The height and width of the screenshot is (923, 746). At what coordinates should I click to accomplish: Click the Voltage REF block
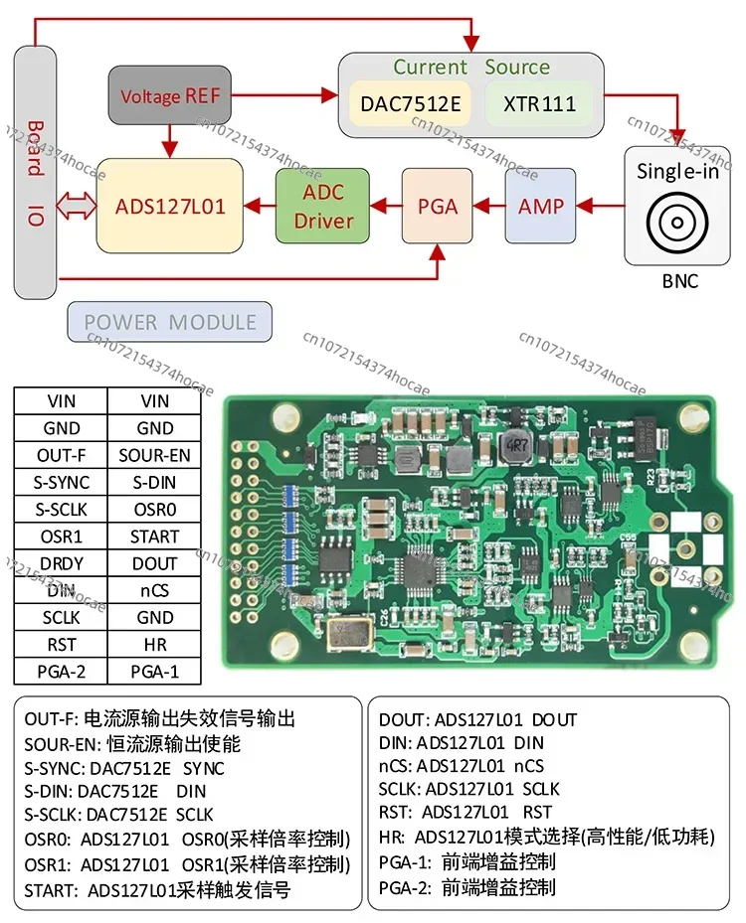tap(170, 95)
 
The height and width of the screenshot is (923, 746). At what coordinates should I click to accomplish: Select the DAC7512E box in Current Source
tap(410, 102)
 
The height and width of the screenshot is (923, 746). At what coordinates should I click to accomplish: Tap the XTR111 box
tap(539, 102)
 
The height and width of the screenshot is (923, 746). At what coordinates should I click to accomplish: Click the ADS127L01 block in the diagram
tap(170, 206)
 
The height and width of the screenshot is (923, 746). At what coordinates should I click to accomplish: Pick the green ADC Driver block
tap(322, 206)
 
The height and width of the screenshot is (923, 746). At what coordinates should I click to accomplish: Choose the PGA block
tap(438, 206)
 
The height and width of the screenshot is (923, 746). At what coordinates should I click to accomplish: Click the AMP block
tap(540, 206)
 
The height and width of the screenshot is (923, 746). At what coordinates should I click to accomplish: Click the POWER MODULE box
tap(170, 322)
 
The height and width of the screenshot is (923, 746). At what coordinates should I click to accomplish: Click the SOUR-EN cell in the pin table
tap(154, 455)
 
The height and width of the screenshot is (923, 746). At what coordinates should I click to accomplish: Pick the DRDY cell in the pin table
tap(61, 563)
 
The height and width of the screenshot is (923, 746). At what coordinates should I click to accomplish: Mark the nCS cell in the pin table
tap(154, 590)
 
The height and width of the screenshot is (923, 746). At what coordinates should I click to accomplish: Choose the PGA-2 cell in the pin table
tap(61, 672)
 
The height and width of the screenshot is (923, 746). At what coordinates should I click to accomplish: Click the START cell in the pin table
tap(154, 537)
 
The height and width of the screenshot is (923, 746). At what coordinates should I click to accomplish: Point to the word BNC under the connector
tap(680, 281)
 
